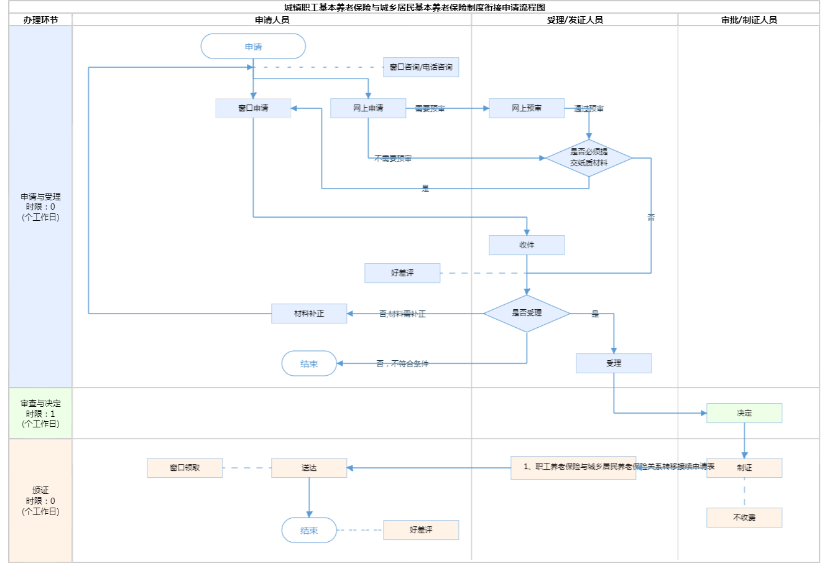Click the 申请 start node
pos(253,47)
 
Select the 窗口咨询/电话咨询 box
pos(421,67)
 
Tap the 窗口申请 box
pos(253,108)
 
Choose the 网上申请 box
pos(368,108)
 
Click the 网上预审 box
pos(527,108)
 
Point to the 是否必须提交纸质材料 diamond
pos(589,158)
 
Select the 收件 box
pos(527,245)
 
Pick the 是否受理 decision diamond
pos(527,314)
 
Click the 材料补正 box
pos(309,314)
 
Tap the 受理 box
pos(614,363)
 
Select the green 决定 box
pos(744,413)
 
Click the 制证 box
pos(744,468)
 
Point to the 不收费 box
pos(744,518)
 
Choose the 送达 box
pos(309,468)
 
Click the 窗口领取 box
pos(185,468)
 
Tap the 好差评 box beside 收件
pos(402,273)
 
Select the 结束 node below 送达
pos(309,530)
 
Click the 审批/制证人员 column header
pos(749,20)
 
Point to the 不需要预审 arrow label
pos(393,159)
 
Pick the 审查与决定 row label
pos(40,414)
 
